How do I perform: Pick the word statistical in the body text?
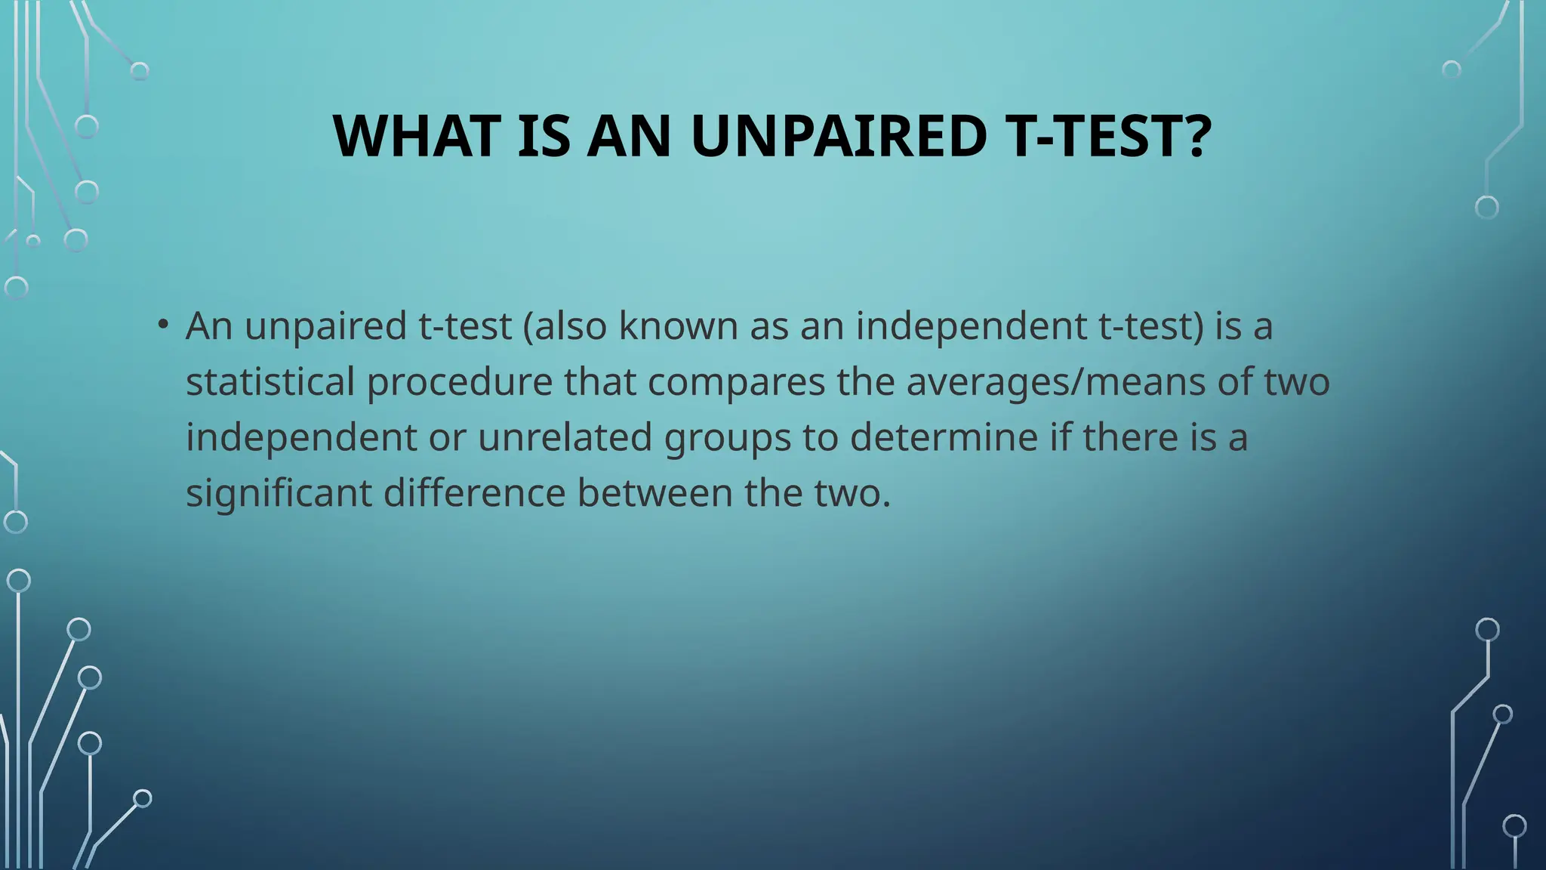pos(269,381)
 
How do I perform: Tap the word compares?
pos(736,381)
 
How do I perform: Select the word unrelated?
pos(565,437)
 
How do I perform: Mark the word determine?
pos(944,437)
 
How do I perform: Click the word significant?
pos(279,493)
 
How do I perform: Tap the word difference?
pos(474,493)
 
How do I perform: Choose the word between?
pos(654,493)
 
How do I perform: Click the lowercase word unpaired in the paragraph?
pos(325,327)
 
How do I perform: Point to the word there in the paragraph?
pos(1130,437)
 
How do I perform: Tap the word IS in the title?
pos(544,137)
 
